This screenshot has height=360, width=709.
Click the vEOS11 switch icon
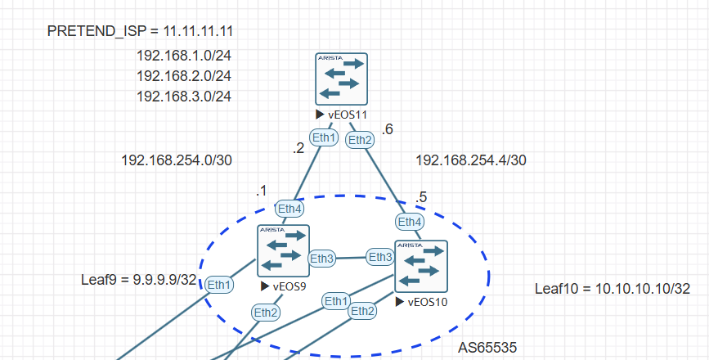tap(341, 79)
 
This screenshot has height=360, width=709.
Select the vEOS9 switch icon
tap(283, 250)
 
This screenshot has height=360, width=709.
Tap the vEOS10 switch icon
tap(420, 266)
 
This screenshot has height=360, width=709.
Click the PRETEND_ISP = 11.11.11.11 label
tap(141, 32)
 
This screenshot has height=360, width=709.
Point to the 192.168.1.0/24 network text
tap(183, 56)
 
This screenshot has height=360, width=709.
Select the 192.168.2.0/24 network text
tap(183, 76)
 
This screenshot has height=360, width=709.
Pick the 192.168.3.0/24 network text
tap(183, 97)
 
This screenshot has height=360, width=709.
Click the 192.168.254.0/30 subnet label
tap(176, 160)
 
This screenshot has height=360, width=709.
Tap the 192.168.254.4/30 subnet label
tap(470, 160)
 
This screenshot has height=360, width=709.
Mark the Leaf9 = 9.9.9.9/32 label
tap(138, 279)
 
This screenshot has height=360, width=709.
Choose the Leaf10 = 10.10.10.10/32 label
tap(613, 289)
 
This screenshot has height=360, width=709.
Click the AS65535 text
tap(487, 348)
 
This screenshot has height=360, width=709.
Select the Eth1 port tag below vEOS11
tap(324, 137)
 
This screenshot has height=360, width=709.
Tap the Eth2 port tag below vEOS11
tap(360, 140)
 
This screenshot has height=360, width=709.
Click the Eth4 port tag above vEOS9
tap(289, 209)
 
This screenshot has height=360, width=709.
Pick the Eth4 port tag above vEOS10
tap(410, 221)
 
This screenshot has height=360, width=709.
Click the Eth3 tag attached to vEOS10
tap(379, 257)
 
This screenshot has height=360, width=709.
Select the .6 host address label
tap(388, 129)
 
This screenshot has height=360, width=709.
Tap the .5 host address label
tap(420, 198)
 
